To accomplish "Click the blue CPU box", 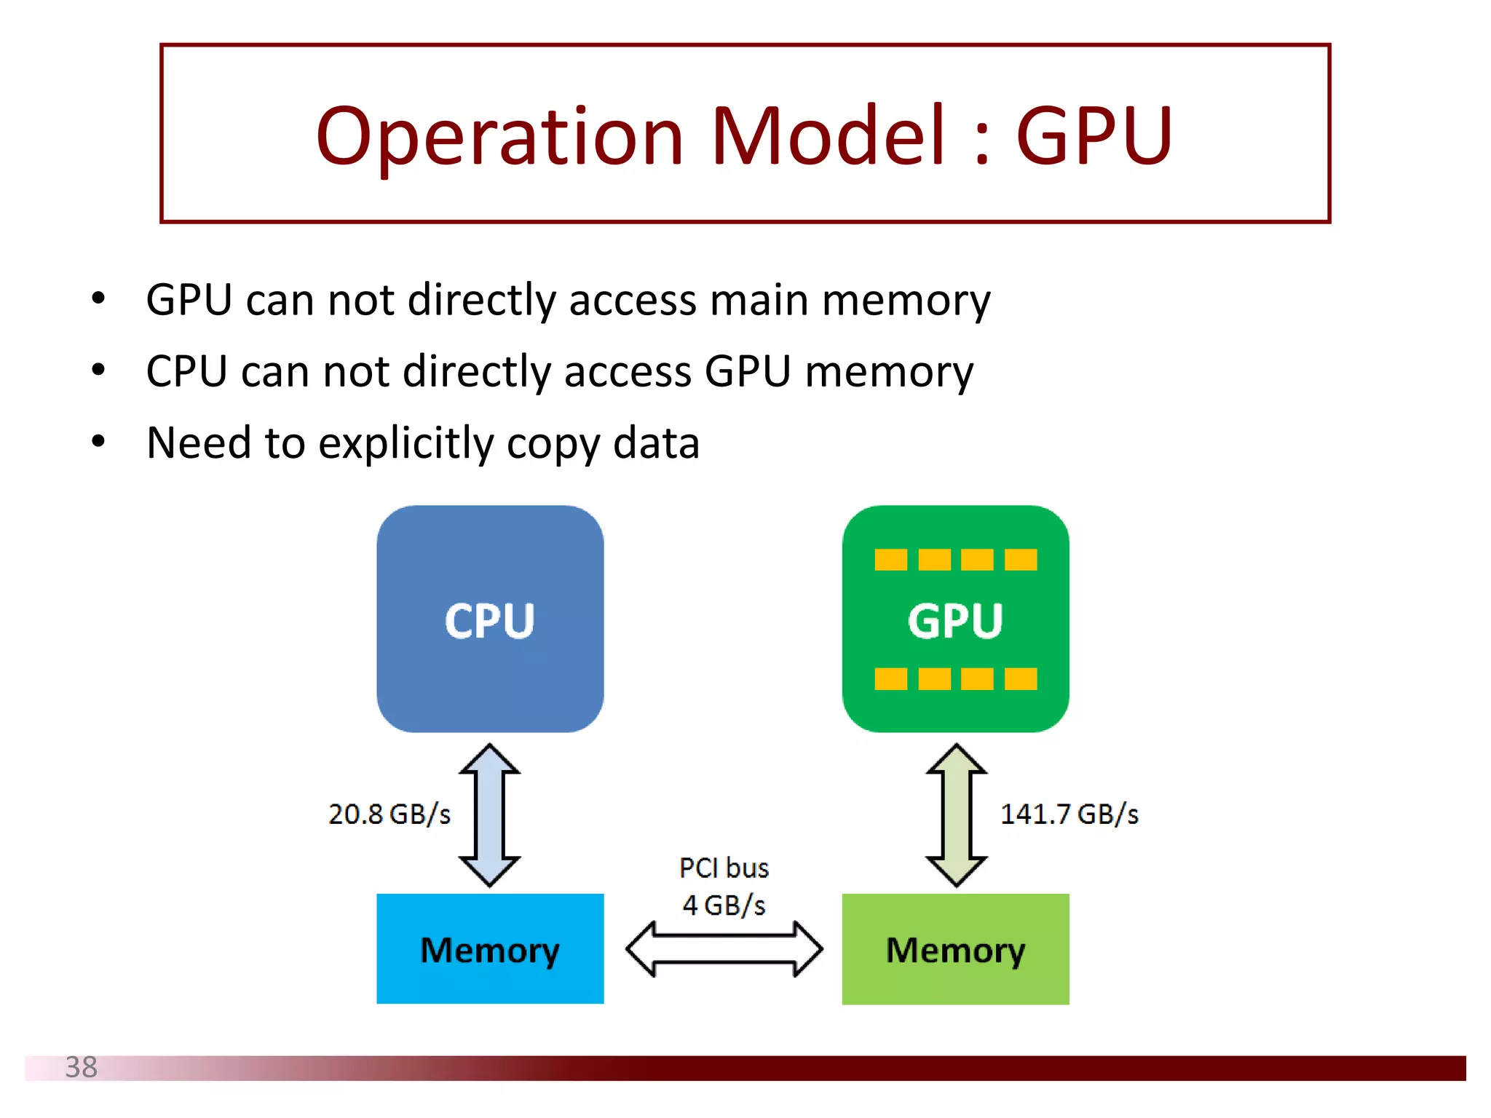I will [490, 619].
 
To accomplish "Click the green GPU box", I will [955, 619].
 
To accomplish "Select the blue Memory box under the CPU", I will [490, 948].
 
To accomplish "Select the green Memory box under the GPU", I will [955, 948].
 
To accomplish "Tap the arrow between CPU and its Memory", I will [489, 814].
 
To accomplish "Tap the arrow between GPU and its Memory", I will [956, 814].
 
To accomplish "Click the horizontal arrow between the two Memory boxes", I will [724, 948].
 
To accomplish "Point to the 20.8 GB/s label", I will [389, 814].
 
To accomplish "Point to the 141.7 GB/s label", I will [1069, 814].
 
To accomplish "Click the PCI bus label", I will [724, 868].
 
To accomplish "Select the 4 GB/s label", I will [724, 905].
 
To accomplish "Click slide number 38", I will [81, 1067].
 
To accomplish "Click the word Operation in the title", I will [499, 136].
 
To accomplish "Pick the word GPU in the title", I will [1093, 136].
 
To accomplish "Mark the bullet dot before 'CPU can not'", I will [98, 370].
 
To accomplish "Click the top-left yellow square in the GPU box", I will [890, 560].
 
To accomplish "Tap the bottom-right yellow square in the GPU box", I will [1020, 678].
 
